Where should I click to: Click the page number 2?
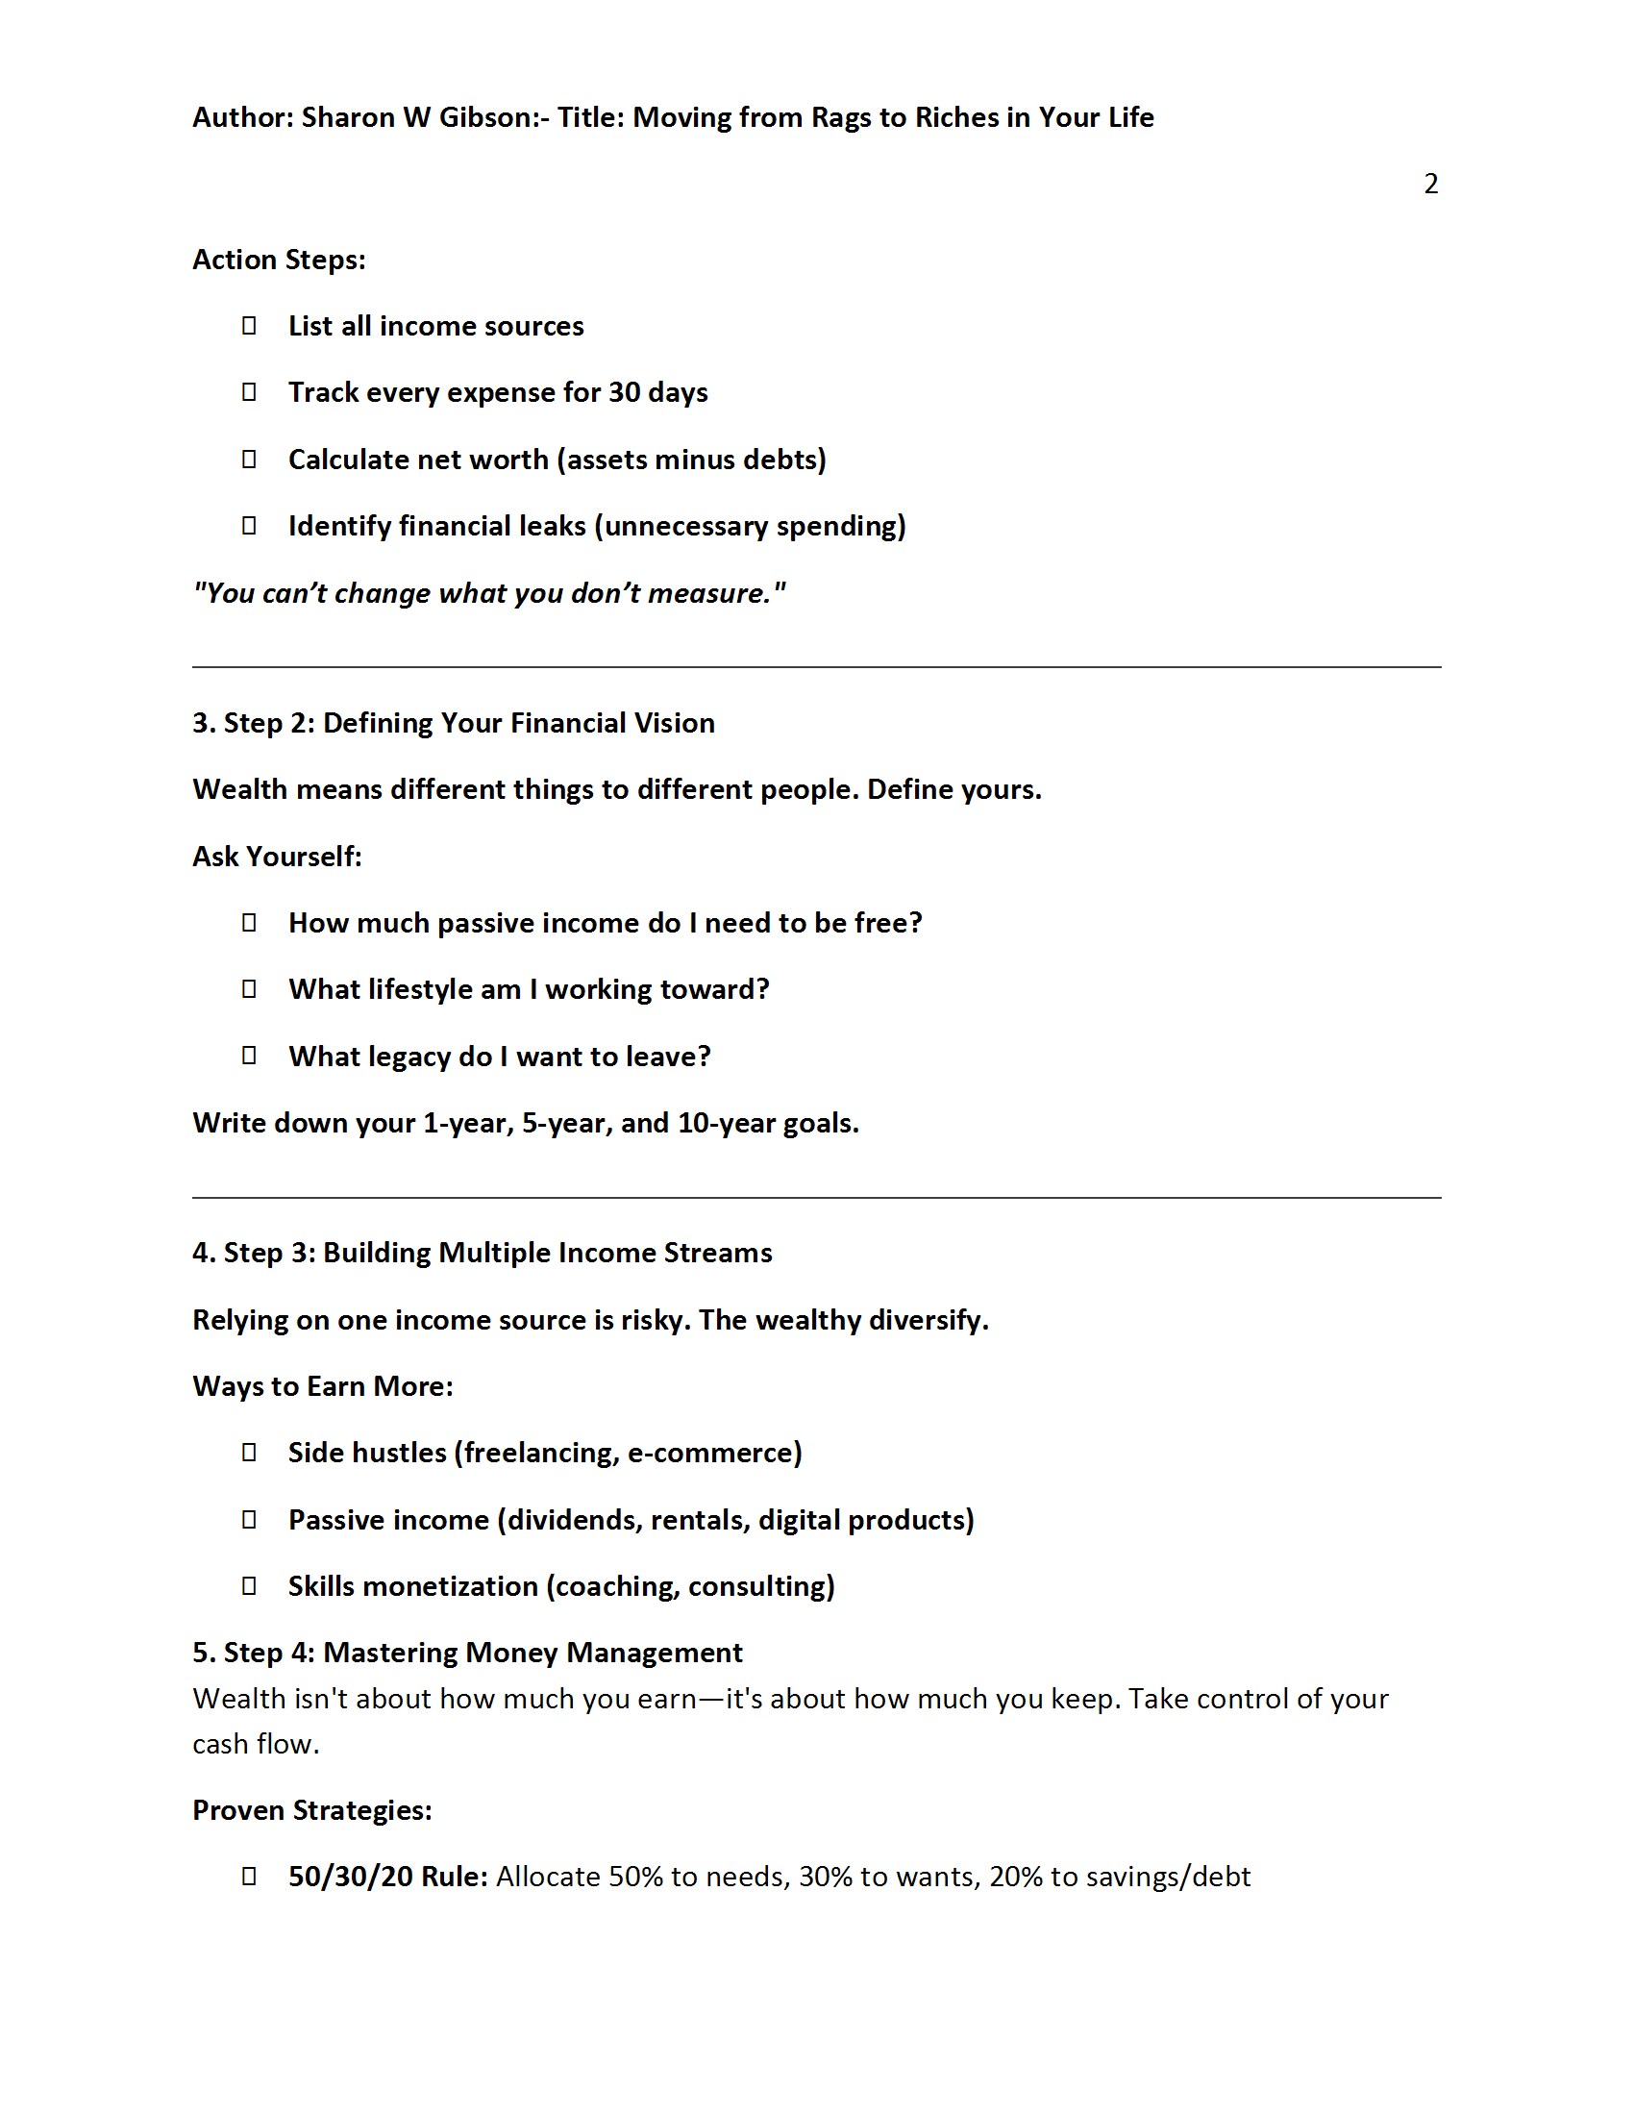1430,184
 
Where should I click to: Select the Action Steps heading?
279,260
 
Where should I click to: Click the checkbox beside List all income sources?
249,325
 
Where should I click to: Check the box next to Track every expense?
249,392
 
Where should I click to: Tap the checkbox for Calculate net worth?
249,459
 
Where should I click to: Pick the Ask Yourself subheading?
277,856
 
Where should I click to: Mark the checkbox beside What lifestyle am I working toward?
249,988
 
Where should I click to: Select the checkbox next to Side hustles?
249,1452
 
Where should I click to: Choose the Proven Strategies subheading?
311,1810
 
